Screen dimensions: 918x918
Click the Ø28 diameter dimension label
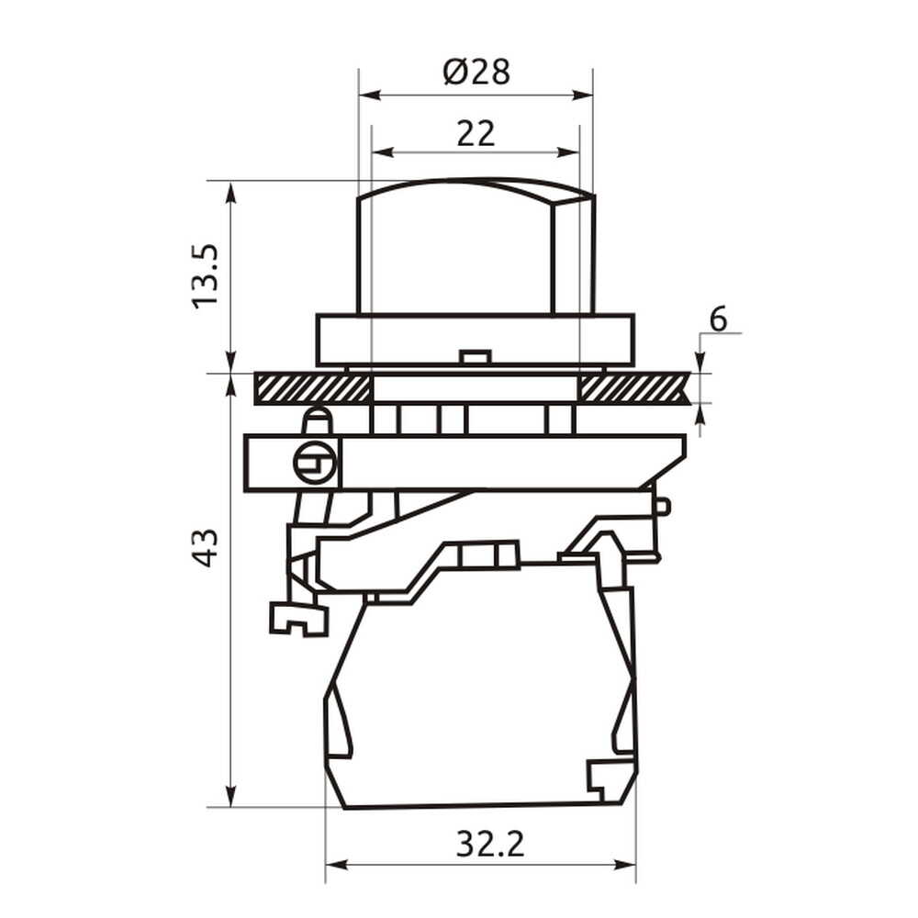point(476,72)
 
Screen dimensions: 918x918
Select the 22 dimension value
point(476,133)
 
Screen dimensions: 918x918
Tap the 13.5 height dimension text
point(206,275)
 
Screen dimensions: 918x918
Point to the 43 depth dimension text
point(206,547)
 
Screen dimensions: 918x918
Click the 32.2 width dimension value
point(490,845)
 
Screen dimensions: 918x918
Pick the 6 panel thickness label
point(718,319)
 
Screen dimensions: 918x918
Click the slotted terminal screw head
point(315,462)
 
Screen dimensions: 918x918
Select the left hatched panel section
point(312,388)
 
